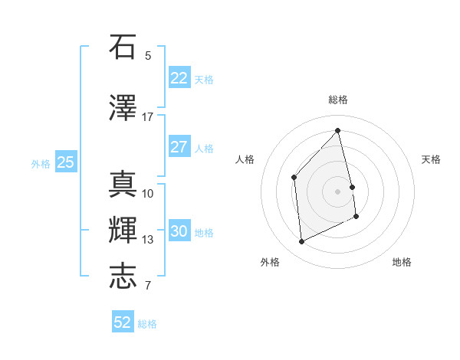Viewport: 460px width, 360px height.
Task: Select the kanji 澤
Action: point(123,109)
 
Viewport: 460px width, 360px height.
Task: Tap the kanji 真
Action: point(123,185)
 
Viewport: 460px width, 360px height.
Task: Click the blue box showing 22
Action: point(179,78)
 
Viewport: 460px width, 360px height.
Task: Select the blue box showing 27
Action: point(179,147)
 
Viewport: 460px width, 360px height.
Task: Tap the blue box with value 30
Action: point(179,231)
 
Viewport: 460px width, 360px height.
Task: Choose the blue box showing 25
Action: point(65,162)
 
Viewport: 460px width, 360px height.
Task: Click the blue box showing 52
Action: point(123,322)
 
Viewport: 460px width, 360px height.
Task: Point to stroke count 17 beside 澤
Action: point(147,117)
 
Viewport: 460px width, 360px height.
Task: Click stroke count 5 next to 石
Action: point(148,55)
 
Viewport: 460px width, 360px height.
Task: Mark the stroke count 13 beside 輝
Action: point(147,240)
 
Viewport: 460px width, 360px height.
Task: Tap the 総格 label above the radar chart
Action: point(338,100)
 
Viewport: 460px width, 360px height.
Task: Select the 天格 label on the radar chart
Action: point(431,159)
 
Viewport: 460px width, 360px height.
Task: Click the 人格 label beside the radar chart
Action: point(245,159)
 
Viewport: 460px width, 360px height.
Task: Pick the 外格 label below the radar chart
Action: point(270,262)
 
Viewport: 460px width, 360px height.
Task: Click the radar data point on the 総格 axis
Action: point(338,130)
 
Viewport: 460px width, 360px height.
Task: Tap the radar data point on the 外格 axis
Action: point(301,241)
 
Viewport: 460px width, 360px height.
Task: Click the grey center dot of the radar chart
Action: point(338,191)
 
